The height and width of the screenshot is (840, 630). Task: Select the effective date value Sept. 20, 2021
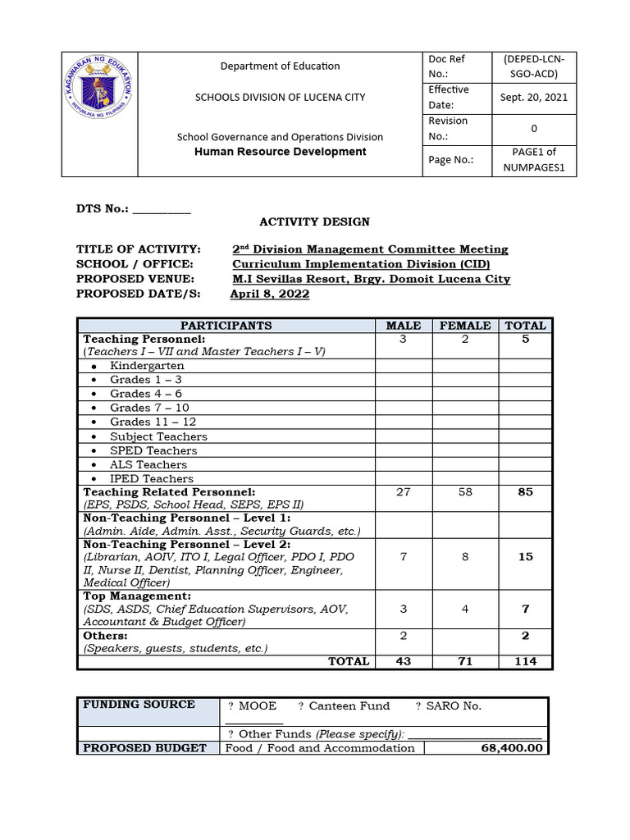[x=533, y=97]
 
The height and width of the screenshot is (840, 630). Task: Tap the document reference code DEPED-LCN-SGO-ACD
[x=533, y=66]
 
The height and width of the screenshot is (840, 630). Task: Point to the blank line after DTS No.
[x=162, y=210]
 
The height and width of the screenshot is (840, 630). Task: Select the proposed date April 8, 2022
[x=270, y=294]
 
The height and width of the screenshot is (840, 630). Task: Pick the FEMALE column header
[x=465, y=326]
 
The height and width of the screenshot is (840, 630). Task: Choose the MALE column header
[x=403, y=326]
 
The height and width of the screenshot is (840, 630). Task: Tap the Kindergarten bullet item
[x=147, y=366]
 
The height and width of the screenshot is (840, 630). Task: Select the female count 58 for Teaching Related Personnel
[x=465, y=492]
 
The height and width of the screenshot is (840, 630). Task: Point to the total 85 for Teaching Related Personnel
[x=525, y=492]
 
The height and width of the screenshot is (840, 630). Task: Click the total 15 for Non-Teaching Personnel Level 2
[x=525, y=556]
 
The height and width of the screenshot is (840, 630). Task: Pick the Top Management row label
[x=137, y=596]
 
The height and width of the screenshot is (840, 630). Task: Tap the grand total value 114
[x=525, y=661]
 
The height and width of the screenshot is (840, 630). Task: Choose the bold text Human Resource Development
[x=280, y=152]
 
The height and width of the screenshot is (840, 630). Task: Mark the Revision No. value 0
[x=533, y=128]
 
